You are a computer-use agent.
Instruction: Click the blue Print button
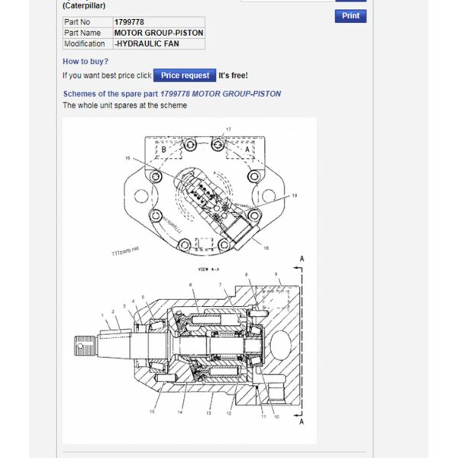coord(350,16)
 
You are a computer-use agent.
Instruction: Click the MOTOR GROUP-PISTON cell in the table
coord(158,33)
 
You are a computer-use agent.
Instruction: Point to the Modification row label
coord(84,44)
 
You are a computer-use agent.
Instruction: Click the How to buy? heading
coord(85,61)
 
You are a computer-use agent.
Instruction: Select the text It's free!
coord(233,76)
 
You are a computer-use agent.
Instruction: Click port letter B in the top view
coord(163,150)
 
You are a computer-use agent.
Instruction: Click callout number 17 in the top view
coord(227,129)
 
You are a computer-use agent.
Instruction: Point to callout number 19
coord(295,195)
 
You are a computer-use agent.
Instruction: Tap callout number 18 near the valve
coord(266,248)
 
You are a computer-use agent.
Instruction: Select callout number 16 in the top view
coord(127,158)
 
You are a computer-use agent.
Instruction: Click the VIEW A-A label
coord(208,269)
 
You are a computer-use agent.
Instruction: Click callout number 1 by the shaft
coord(102,314)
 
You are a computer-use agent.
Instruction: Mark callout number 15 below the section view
coord(152,412)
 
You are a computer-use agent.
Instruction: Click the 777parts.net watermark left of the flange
coord(124,250)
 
